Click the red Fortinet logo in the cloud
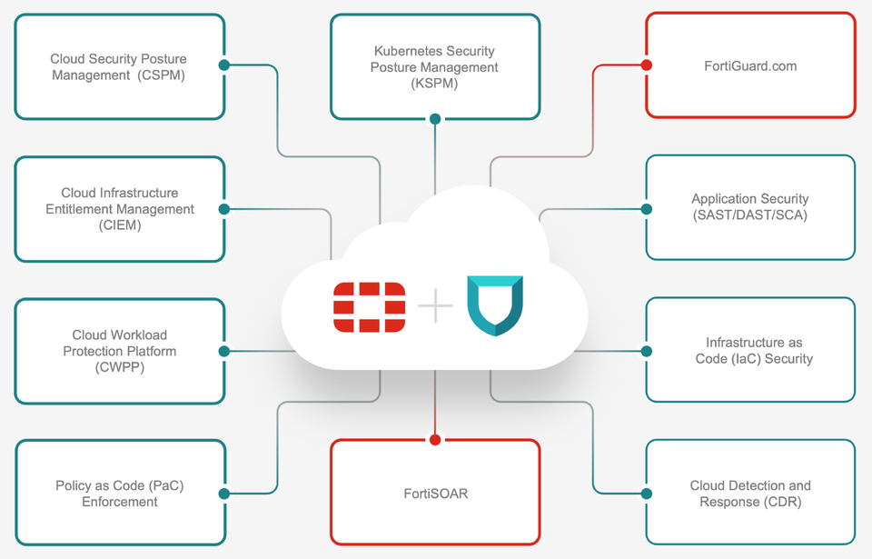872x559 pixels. click(x=370, y=307)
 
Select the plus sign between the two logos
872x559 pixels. click(x=435, y=308)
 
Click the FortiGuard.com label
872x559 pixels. click(x=750, y=65)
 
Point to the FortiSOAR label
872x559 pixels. click(x=435, y=494)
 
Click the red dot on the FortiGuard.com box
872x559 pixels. click(x=646, y=65)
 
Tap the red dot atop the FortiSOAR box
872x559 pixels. click(x=435, y=440)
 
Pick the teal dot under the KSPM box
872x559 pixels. click(x=435, y=119)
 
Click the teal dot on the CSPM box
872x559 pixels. click(x=223, y=65)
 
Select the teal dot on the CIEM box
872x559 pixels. click(x=223, y=209)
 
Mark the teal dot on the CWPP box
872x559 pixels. click(x=223, y=351)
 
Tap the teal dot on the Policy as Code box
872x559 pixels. click(x=223, y=494)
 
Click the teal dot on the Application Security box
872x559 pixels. click(x=646, y=209)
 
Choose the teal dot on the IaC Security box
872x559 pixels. click(x=646, y=351)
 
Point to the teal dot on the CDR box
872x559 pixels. click(x=646, y=494)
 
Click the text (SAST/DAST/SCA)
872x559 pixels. click(x=749, y=215)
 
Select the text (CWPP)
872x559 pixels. click(x=119, y=366)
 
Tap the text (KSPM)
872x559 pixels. click(x=434, y=84)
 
